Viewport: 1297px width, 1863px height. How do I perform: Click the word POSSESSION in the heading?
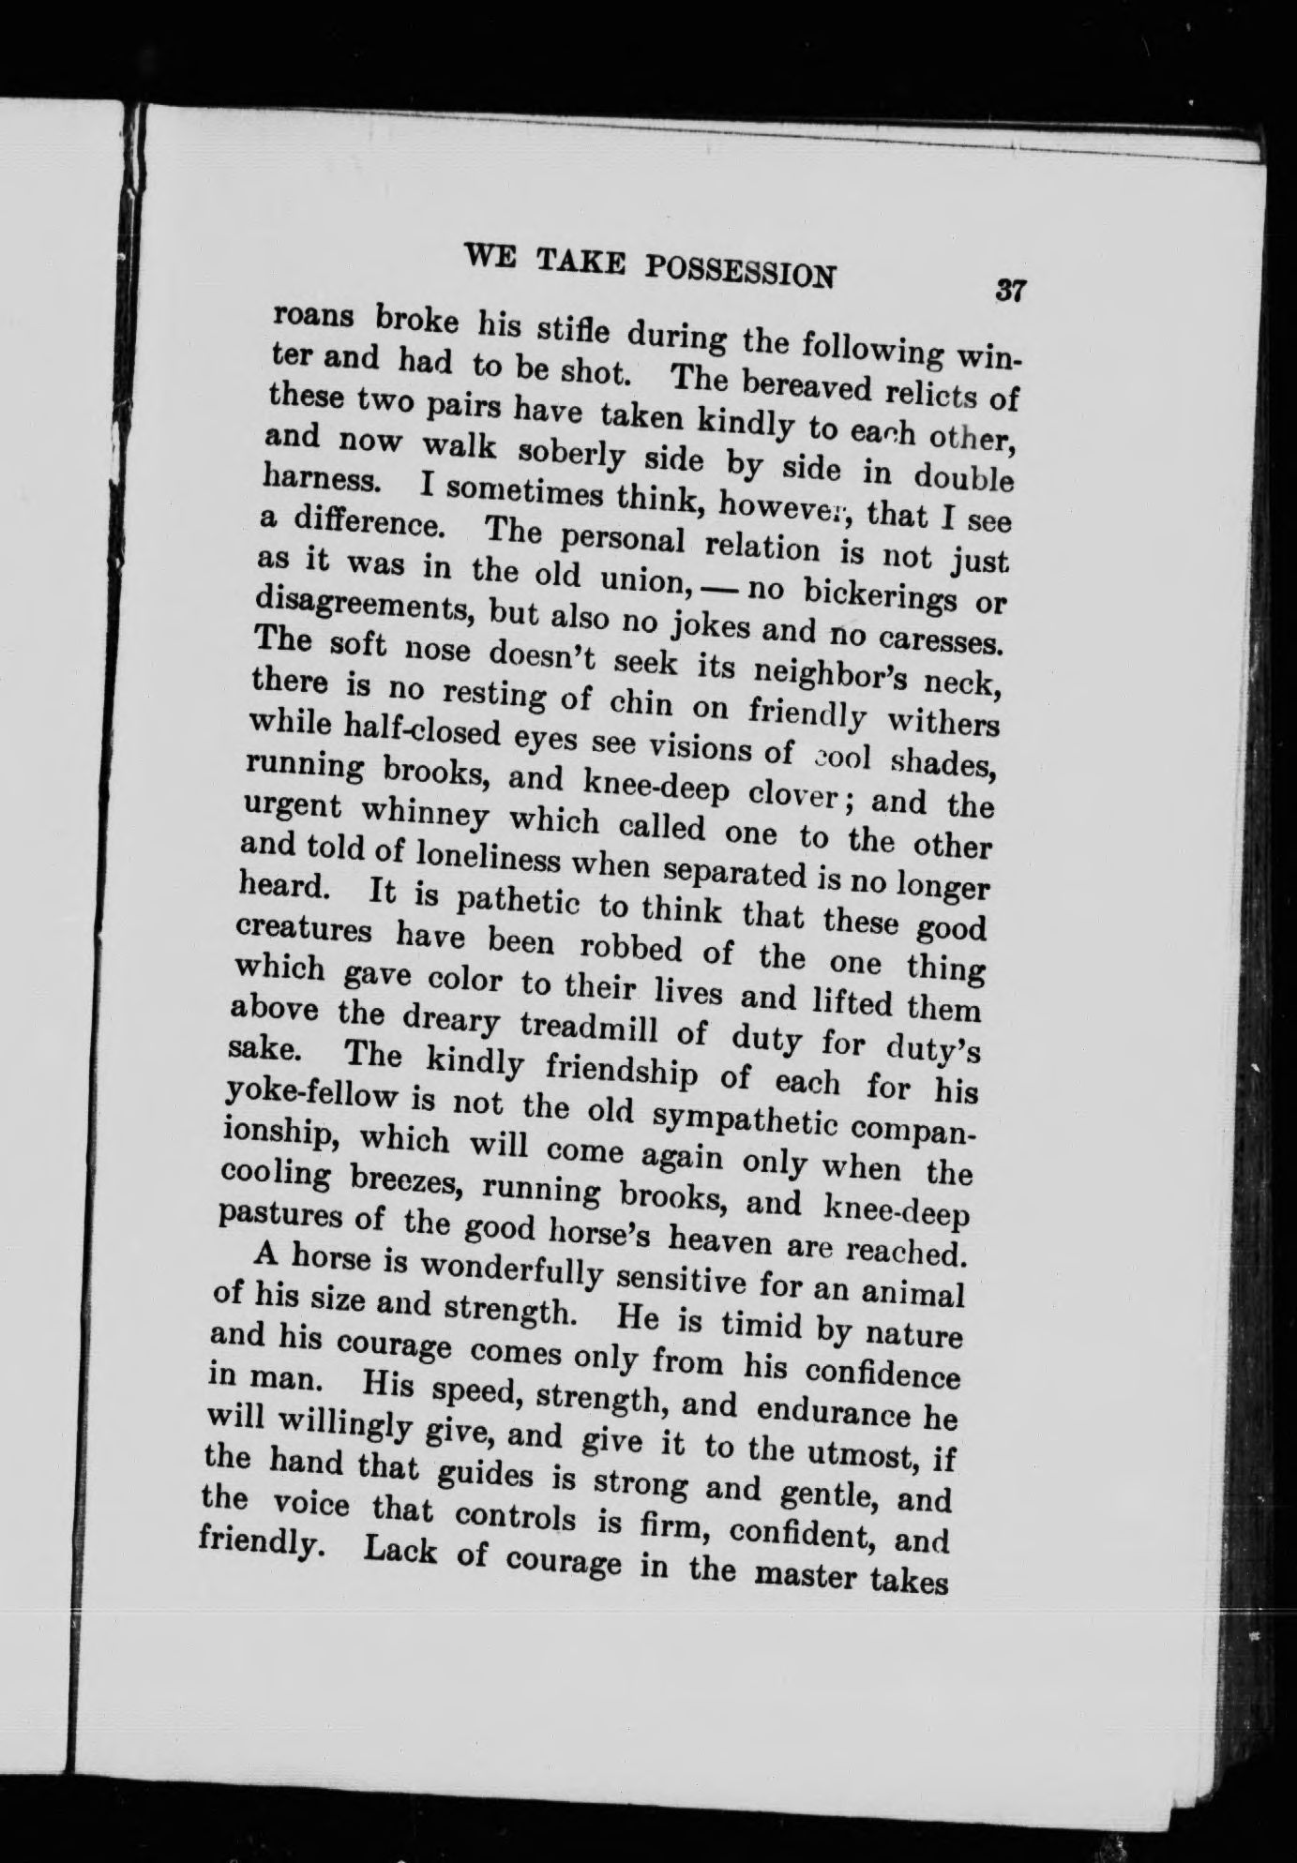click(740, 273)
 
